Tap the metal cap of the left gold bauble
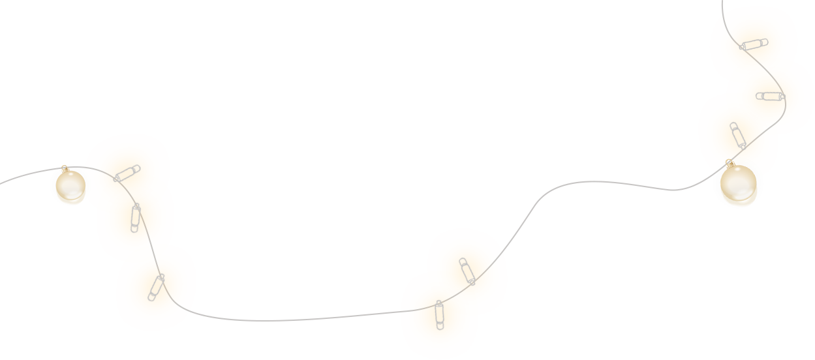(64, 169)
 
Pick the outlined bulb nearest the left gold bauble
(127, 173)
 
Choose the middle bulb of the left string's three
(135, 218)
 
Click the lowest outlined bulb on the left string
(156, 287)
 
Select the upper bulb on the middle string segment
(467, 271)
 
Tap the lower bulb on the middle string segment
(439, 314)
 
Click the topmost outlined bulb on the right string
(754, 44)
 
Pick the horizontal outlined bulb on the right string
(770, 97)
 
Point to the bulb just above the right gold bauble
(737, 135)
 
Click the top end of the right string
(722, 2)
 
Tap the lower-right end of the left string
(210, 317)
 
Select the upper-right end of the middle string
(521, 225)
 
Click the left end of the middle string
(390, 313)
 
